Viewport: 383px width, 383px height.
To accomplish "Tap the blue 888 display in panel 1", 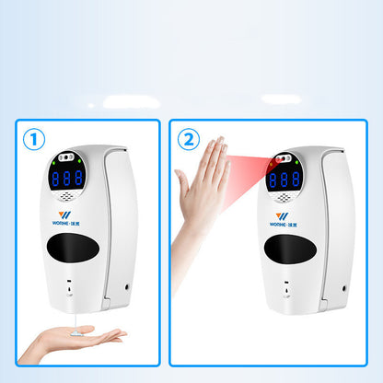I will click(x=67, y=179).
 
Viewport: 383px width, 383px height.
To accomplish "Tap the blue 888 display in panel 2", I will click(x=283, y=179).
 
